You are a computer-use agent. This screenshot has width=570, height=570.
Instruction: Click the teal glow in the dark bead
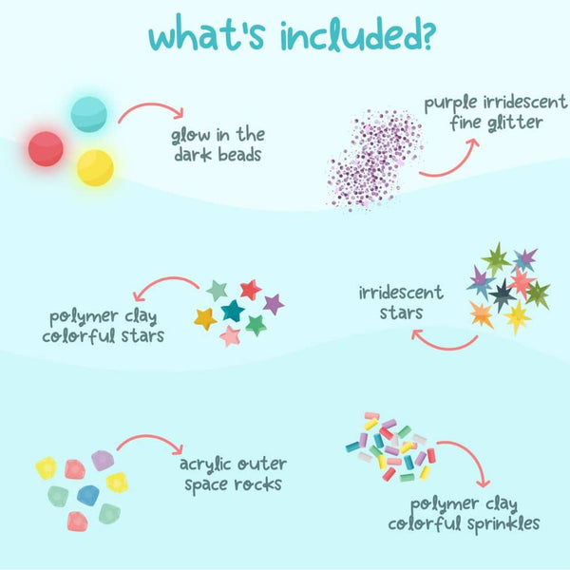click(88, 114)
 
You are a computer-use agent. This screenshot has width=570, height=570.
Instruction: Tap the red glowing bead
click(46, 149)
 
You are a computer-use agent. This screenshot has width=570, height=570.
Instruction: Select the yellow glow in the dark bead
click(95, 168)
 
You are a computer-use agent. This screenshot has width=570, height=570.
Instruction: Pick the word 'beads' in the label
click(239, 155)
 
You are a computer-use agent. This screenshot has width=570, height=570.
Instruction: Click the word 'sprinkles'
click(503, 523)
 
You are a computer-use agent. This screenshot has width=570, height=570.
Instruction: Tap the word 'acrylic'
click(206, 465)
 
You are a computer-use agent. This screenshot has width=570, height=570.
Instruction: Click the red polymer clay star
click(251, 290)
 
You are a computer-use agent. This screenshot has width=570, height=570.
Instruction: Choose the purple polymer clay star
click(274, 304)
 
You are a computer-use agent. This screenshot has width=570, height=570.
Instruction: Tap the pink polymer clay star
click(230, 336)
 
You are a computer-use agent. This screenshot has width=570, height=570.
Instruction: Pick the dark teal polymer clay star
click(233, 311)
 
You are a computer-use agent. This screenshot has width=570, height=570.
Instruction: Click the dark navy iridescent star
click(503, 294)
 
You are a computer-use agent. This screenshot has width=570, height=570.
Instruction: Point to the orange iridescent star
click(482, 314)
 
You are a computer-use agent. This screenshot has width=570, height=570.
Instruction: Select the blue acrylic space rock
click(88, 495)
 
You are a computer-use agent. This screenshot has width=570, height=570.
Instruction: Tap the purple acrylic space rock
click(103, 461)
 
